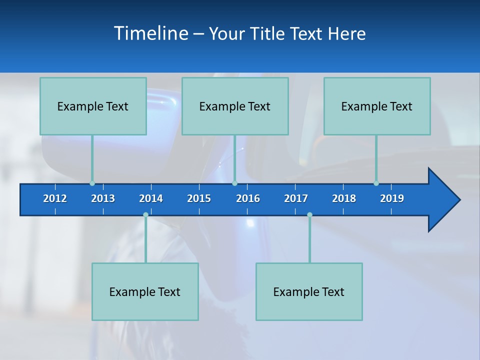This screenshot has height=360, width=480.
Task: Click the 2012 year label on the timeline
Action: coord(55,198)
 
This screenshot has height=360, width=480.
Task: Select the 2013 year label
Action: coord(103,198)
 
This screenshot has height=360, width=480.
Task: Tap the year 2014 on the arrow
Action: coord(151,198)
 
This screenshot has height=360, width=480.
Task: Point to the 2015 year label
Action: coord(199,198)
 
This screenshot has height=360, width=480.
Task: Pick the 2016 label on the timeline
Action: coord(248,198)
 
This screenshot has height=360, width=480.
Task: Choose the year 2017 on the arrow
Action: coord(296,198)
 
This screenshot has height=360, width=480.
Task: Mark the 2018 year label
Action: coord(344,198)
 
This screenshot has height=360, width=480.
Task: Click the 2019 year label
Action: coord(392,198)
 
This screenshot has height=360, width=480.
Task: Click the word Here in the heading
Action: coord(347,33)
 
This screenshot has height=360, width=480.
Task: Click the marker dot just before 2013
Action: coord(92,183)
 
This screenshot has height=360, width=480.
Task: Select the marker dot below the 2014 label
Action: coord(145,215)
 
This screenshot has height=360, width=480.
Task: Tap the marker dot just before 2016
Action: coord(234,183)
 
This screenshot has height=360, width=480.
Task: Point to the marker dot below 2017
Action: coord(309,215)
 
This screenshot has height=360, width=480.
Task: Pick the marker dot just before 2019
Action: coord(376,183)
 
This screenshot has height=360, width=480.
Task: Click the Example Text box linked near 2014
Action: coord(145,291)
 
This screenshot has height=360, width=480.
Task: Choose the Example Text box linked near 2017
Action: coord(309,291)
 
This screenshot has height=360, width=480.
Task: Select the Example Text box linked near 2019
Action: coord(377,106)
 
